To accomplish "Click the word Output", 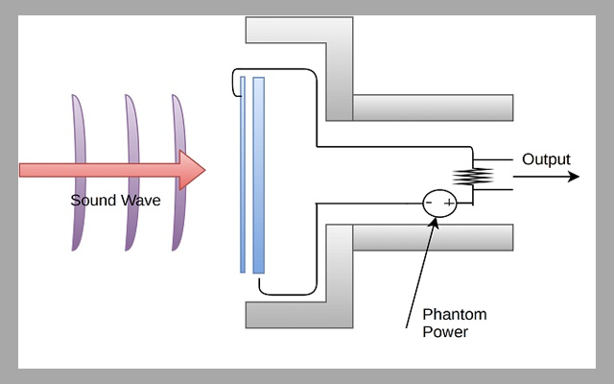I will (x=546, y=159).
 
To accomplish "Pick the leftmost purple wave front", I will (x=78, y=173).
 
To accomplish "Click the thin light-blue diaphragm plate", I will (x=243, y=173).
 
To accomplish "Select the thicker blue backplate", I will (x=258, y=173).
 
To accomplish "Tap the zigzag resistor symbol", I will (x=472, y=176).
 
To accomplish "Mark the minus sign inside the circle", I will (x=431, y=203).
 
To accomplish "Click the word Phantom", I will (x=455, y=315).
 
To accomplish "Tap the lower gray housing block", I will (x=336, y=278).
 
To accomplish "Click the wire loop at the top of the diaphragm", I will (x=233, y=84).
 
